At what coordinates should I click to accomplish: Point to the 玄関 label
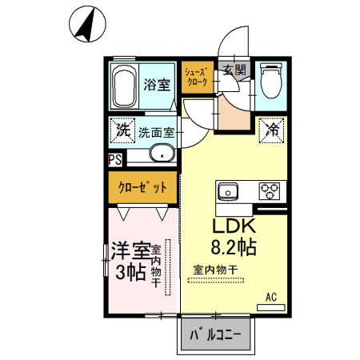[x=234, y=70]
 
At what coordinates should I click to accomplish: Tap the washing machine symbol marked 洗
[x=123, y=128]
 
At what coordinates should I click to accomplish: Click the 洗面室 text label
[x=156, y=133]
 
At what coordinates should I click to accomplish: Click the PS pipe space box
[x=115, y=159]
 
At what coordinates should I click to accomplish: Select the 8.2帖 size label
[x=233, y=246]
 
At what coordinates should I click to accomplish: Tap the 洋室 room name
[x=129, y=250]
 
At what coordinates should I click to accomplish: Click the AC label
[x=271, y=297]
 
